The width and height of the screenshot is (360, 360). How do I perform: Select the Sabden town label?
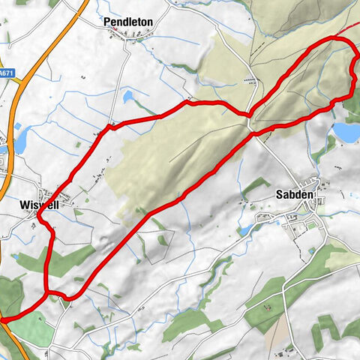(x=295, y=195)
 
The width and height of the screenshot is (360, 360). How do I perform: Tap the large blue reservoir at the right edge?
(x=346, y=132)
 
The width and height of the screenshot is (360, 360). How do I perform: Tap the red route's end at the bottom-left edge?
(x=3, y=319)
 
